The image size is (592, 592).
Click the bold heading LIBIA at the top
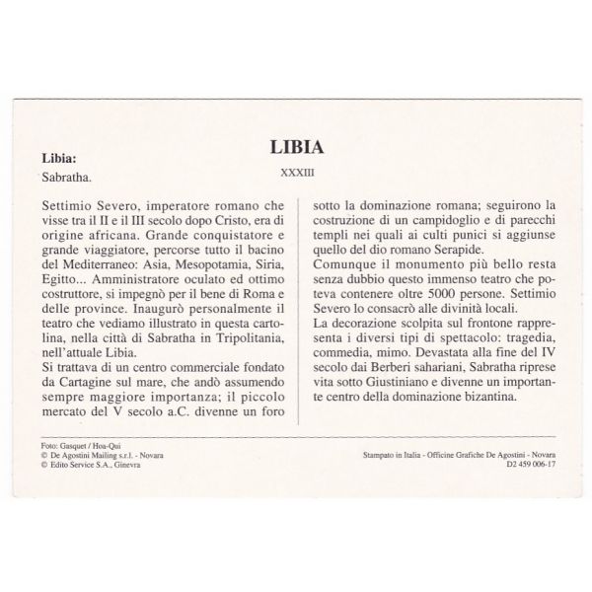(x=297, y=147)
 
